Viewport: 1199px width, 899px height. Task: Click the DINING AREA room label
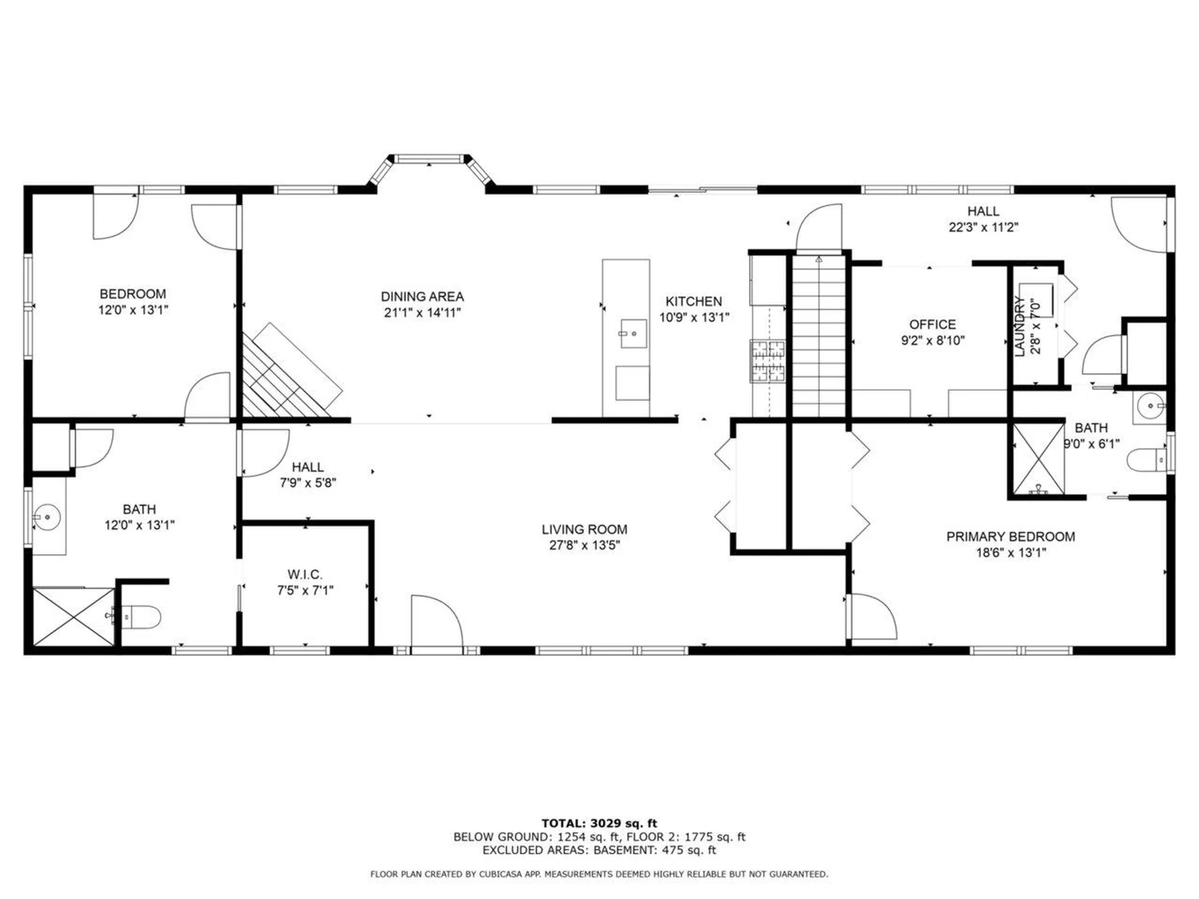pos(422,297)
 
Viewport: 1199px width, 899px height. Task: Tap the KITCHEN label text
pos(693,301)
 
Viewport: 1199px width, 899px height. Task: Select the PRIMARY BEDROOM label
pos(1010,536)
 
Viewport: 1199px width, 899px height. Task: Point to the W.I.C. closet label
pos(305,574)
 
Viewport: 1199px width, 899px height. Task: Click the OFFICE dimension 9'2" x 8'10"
pos(932,340)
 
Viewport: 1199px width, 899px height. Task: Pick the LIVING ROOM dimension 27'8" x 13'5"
pos(584,545)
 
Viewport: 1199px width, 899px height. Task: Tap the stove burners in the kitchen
pos(767,361)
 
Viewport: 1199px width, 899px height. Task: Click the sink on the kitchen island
pos(633,333)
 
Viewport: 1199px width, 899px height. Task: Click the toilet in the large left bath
pos(141,617)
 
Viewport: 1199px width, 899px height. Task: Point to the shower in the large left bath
pos(73,616)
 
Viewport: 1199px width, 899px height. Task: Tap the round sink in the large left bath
pos(47,518)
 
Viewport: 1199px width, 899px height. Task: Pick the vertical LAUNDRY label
pos(1019,327)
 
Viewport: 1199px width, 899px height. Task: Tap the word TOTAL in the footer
pos(563,823)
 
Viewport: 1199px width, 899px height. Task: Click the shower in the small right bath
pos(1037,460)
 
